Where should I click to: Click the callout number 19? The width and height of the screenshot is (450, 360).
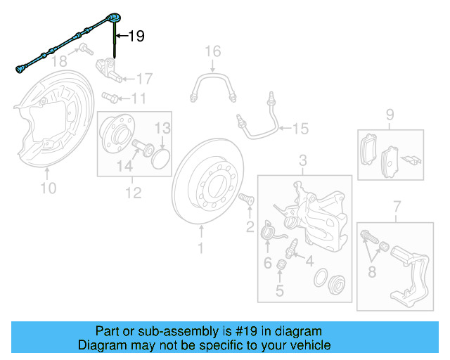(136, 36)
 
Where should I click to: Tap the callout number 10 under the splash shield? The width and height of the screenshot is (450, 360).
(47, 188)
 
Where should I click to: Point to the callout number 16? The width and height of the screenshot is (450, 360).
(212, 51)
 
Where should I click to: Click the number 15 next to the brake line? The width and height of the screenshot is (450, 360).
(300, 129)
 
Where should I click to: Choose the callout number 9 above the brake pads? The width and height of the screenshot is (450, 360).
(389, 115)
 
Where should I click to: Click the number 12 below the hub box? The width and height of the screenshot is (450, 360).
(133, 192)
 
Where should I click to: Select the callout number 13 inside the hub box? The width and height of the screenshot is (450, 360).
(162, 128)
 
